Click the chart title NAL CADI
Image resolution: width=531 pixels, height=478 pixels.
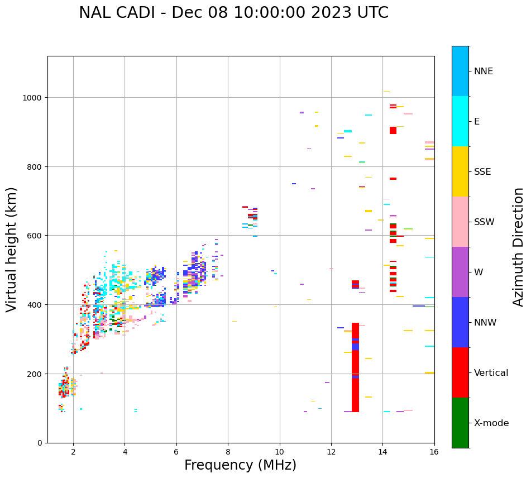(x=123, y=13)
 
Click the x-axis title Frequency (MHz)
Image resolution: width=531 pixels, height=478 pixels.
(x=240, y=465)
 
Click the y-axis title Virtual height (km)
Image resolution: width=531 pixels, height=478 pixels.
(x=12, y=250)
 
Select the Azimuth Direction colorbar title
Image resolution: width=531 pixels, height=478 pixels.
(x=519, y=247)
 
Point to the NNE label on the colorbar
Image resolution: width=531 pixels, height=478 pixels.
(x=484, y=71)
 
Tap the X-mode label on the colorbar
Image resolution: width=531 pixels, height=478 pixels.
(x=491, y=423)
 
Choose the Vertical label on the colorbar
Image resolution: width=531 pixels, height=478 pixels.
(x=491, y=373)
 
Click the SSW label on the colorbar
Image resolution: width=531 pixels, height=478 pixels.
(x=484, y=222)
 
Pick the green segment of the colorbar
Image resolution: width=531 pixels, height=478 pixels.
(x=460, y=423)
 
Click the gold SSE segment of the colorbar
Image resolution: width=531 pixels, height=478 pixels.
(x=460, y=171)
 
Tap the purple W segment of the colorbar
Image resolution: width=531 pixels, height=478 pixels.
(x=460, y=272)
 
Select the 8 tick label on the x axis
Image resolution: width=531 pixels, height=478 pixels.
(x=228, y=452)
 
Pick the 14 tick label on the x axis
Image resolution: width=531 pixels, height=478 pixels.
(x=382, y=452)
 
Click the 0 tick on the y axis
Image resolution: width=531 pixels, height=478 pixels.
(x=40, y=443)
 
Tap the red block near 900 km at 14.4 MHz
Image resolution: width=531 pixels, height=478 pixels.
(x=393, y=130)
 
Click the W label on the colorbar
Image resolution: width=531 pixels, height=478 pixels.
(x=479, y=273)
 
